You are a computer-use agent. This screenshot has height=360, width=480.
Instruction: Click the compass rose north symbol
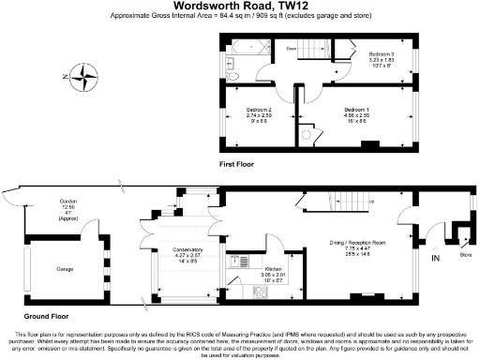85,75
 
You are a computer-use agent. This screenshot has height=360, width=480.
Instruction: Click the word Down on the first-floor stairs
292,47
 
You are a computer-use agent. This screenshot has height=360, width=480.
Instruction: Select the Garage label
64,268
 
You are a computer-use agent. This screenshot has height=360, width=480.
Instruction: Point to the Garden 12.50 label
67,204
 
